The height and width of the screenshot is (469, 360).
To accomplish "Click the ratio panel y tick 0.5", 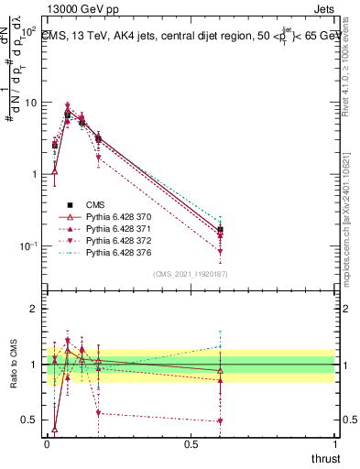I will (x=30, y=420).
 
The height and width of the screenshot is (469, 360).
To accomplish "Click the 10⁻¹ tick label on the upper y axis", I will (x=27, y=245).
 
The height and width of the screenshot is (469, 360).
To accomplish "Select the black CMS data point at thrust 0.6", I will (x=220, y=230).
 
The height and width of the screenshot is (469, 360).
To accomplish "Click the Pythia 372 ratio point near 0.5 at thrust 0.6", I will (x=220, y=421).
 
